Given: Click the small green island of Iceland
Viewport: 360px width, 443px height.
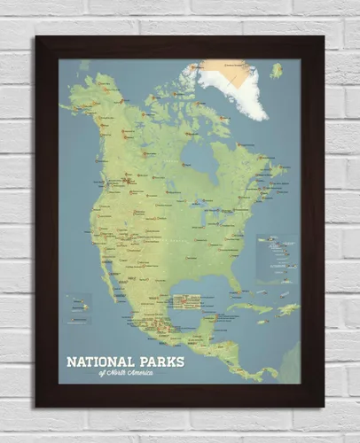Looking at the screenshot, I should point(276,69).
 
